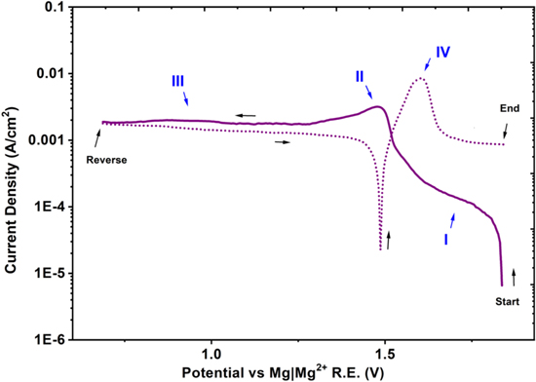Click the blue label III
(177, 81)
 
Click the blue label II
(360, 75)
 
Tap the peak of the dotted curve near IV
(421, 79)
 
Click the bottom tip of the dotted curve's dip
(379, 250)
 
